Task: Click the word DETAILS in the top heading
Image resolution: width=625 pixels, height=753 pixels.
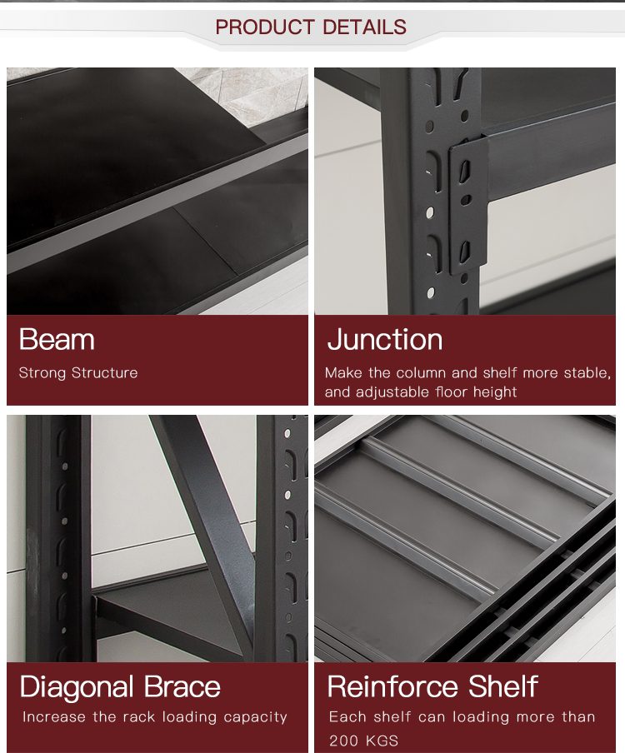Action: click(x=365, y=27)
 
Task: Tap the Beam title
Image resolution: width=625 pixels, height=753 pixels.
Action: click(x=57, y=340)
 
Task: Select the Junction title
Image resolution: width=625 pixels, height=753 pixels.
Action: click(x=385, y=340)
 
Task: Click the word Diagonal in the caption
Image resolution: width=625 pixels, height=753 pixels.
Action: click(x=77, y=686)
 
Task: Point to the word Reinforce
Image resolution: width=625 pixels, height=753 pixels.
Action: click(x=393, y=686)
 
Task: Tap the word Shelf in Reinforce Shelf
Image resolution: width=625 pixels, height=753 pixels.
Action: click(x=503, y=686)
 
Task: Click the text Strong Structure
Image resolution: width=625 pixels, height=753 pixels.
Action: click(x=78, y=372)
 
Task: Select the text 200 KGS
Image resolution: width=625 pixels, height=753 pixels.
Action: click(x=363, y=741)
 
